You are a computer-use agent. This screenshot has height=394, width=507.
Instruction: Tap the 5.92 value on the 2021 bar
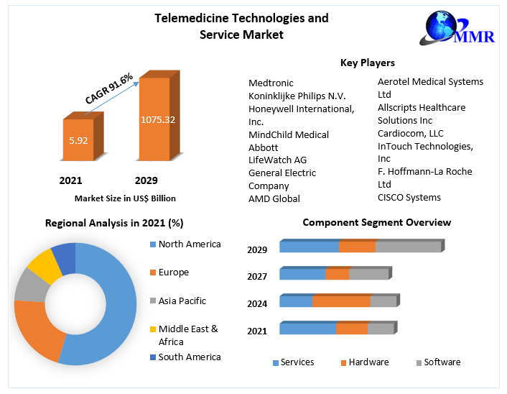tap(78, 140)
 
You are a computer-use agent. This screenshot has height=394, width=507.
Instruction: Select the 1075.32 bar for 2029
tap(157, 119)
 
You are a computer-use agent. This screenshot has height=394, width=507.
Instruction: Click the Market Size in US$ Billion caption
tap(125, 198)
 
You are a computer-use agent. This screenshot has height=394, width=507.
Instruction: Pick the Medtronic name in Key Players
tap(271, 83)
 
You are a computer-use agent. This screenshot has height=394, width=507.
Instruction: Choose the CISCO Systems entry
tap(409, 197)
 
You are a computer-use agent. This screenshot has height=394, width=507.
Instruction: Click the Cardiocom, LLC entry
tap(410, 133)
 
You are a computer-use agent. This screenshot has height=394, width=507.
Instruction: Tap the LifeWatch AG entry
tap(277, 160)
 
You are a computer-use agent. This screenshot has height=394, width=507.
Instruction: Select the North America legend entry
tap(189, 244)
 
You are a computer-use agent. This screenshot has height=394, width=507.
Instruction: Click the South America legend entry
tap(189, 357)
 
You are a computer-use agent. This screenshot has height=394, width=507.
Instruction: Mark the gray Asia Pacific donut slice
tap(28, 285)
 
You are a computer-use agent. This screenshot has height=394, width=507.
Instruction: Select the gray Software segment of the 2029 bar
tap(408, 247)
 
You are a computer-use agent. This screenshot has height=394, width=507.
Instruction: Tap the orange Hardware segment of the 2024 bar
tap(341, 301)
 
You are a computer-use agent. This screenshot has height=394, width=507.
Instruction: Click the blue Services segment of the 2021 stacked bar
tap(307, 329)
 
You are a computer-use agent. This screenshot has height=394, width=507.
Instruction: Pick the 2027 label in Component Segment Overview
tap(257, 276)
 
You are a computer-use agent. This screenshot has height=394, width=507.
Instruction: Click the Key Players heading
tap(367, 63)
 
